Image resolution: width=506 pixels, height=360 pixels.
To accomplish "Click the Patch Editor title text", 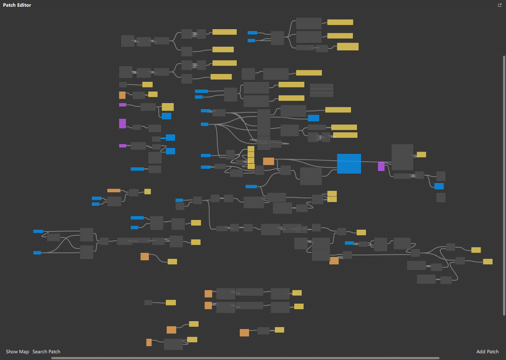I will pos(17,5).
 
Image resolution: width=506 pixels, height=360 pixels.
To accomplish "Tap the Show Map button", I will pos(17,351).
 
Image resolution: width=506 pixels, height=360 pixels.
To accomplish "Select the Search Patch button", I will pos(46,351).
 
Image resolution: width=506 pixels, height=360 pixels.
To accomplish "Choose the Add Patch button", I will pos(487,351).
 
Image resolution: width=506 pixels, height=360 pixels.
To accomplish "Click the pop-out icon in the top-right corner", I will pos(500,5).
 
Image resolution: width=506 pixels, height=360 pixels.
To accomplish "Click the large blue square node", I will pos(349,164).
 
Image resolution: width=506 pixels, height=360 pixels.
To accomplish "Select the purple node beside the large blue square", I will pos(381,166).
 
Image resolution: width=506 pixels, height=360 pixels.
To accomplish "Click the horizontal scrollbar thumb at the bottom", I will pos(245,358).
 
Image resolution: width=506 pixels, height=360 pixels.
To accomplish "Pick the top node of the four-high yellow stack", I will pos(251,149).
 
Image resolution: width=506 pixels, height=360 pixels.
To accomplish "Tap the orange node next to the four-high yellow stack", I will pos(268,161).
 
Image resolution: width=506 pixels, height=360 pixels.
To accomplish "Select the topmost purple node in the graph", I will pos(122,105).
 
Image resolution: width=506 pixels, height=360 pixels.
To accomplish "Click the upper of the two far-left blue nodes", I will pos(38,231).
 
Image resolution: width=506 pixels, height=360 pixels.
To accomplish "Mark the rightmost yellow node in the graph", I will pos(488,261).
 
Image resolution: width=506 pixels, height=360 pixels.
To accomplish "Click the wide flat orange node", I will pos(114,190).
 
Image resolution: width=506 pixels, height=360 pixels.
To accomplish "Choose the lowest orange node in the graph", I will pos(149,342).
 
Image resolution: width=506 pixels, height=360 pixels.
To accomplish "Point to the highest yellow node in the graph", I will pos(340,22).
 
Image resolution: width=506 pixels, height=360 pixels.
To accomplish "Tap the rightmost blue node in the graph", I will pos(439,186).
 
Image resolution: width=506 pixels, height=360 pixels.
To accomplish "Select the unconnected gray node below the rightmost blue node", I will pos(441,197).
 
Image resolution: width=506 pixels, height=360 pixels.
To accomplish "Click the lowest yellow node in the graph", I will pos(192,339).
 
